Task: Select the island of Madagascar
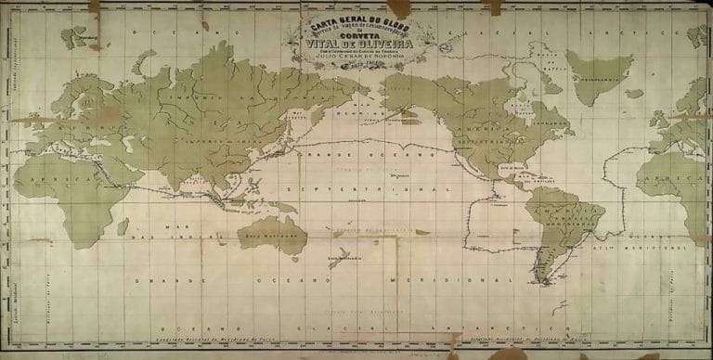click(123, 225)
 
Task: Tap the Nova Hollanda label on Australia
click(264, 237)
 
